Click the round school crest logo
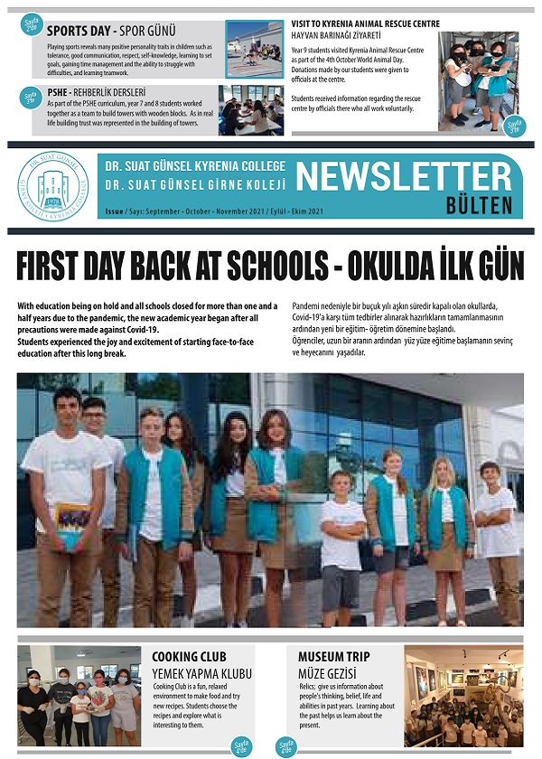tap(53, 187)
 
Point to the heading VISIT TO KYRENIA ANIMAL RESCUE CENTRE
tap(366, 23)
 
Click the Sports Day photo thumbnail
tap(254, 49)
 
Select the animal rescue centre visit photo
tap(478, 81)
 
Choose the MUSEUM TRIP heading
tap(333, 657)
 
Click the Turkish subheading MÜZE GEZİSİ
tap(327, 674)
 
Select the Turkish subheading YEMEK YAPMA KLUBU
tap(201, 674)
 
